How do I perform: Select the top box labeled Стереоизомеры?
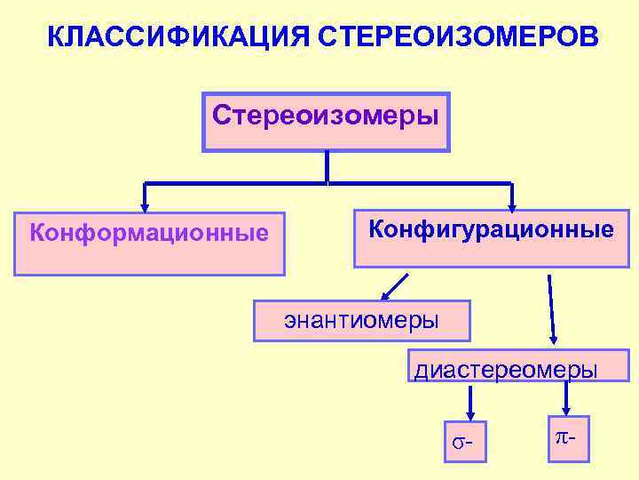click(x=327, y=121)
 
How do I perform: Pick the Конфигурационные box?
click(x=491, y=237)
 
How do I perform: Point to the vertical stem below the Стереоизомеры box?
click(x=327, y=167)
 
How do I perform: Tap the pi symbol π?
click(x=561, y=436)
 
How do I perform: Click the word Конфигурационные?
click(x=491, y=230)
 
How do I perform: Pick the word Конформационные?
click(x=149, y=233)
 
